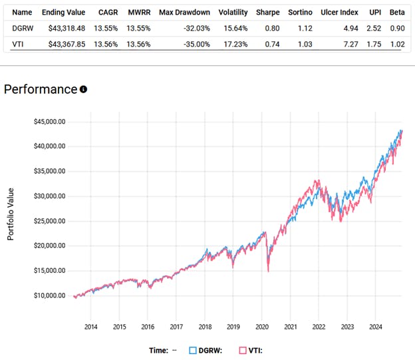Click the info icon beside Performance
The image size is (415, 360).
tap(83, 89)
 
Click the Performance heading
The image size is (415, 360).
tap(41, 89)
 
